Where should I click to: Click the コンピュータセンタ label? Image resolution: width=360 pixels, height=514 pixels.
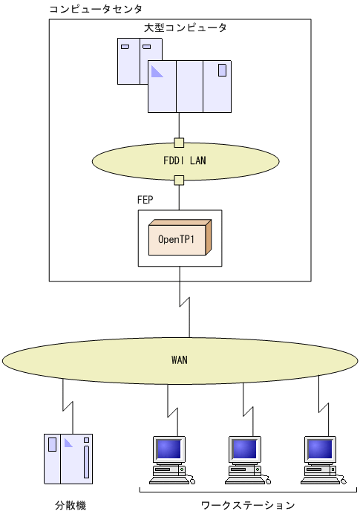click(95, 8)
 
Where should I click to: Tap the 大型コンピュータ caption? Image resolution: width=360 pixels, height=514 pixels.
click(185, 27)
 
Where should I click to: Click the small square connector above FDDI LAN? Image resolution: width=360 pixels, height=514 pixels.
click(179, 142)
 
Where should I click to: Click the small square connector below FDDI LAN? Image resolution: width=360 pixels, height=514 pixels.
click(179, 180)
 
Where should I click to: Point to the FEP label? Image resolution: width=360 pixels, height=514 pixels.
click(147, 201)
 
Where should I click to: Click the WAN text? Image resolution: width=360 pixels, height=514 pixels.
click(179, 360)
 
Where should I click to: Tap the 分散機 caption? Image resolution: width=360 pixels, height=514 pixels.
click(71, 505)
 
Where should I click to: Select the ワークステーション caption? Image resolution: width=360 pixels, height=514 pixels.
click(247, 505)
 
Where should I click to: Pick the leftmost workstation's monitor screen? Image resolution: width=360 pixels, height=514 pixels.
click(168, 449)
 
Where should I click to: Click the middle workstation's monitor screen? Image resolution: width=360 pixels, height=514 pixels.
click(243, 449)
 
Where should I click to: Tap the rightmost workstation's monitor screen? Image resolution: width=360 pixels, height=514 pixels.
click(320, 449)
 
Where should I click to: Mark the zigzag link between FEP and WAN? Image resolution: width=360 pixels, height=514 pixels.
click(180, 305)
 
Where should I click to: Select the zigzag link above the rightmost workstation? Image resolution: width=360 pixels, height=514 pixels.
click(320, 406)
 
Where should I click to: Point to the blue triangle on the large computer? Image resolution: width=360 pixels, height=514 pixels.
click(157, 71)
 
